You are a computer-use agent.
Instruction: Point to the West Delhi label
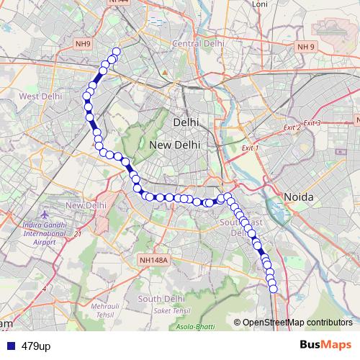[x=40, y=96]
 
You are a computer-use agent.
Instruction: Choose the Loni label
[x=259, y=4]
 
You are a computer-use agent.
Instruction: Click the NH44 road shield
[x=117, y=3]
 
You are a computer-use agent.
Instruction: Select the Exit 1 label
[x=250, y=148]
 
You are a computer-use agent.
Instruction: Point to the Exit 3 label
[x=311, y=124]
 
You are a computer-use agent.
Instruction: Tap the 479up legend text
[x=36, y=346]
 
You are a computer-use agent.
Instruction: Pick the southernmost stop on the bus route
[x=273, y=289]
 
